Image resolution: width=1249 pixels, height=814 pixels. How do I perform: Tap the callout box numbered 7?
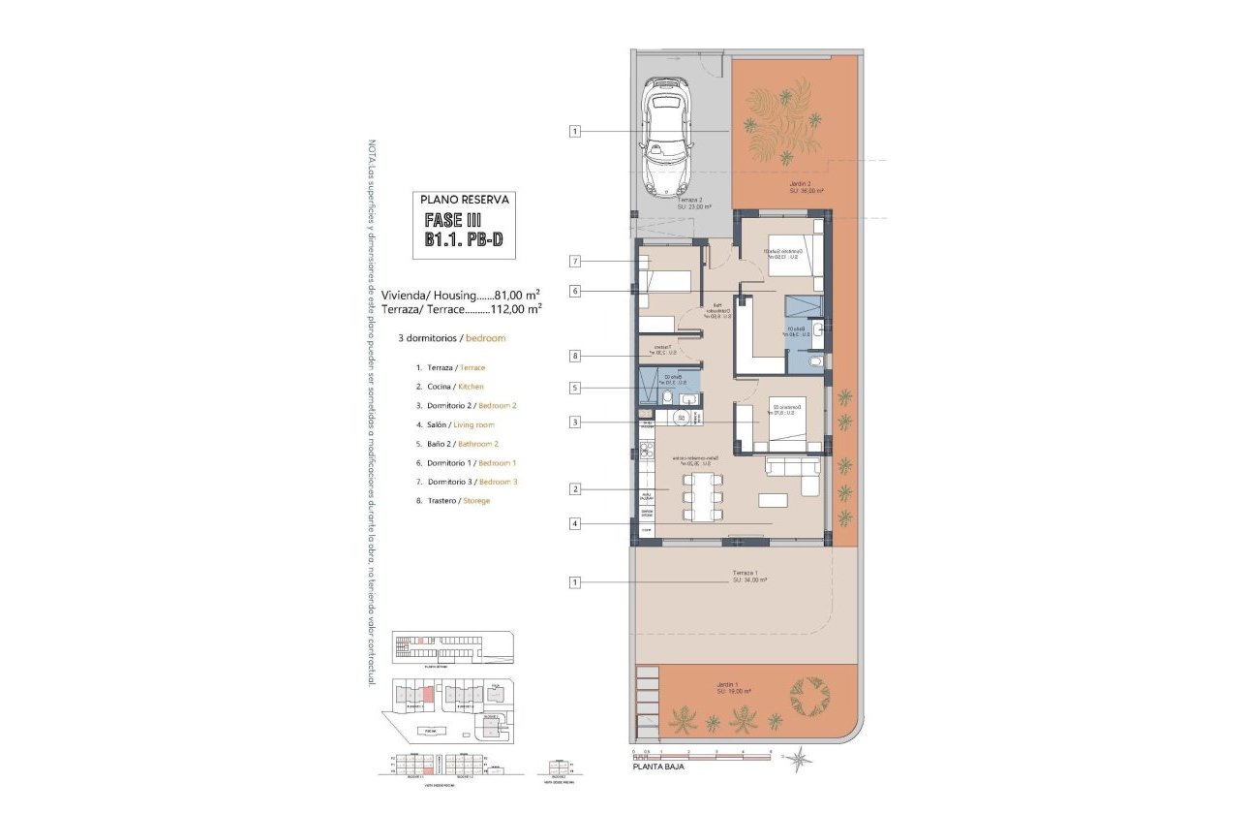[575, 261]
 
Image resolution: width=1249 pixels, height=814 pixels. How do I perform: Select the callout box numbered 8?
[575, 356]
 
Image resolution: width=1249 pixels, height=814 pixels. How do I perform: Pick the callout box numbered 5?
[575, 389]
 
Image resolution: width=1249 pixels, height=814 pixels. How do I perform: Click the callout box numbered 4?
[575, 524]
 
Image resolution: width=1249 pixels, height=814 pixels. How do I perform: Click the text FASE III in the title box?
[450, 220]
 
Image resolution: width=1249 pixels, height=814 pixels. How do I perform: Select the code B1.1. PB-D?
[463, 241]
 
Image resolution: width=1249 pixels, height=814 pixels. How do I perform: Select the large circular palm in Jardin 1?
[809, 694]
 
